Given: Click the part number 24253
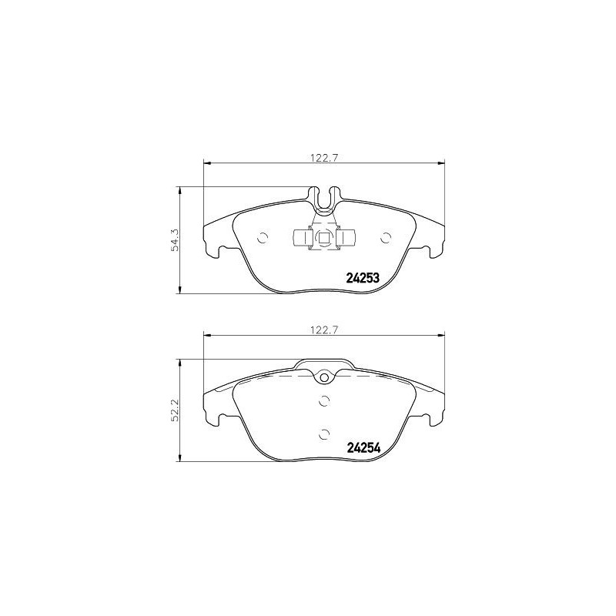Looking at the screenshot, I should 363,278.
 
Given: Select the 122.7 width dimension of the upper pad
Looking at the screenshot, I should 324,157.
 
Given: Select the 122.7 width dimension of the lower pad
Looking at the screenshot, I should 324,329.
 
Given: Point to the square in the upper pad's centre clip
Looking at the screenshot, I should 324,239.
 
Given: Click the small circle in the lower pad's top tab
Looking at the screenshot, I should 324,377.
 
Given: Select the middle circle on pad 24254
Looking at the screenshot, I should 324,400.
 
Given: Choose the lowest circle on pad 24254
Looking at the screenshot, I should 324,434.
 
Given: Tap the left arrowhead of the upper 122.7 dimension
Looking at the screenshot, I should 206,162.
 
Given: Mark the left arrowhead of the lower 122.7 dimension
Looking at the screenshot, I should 206,334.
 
